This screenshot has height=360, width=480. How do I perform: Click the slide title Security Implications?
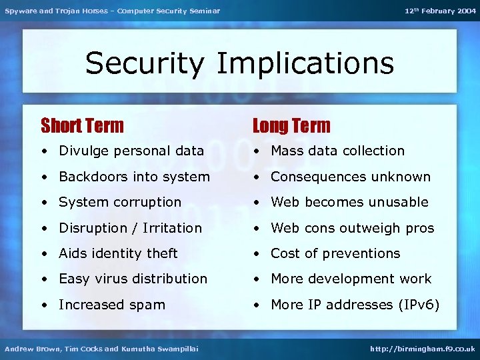coord(239,63)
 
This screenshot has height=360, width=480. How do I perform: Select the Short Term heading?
coord(82,125)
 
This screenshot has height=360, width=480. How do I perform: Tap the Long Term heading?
coord(291,125)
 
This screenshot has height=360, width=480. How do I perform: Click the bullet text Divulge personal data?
coord(131,151)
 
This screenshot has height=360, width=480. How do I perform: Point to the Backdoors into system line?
coord(134,177)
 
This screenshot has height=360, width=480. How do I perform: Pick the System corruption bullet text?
coord(120,202)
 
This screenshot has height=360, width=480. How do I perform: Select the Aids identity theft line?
coord(118,253)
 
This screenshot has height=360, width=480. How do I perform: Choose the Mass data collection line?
coord(337,151)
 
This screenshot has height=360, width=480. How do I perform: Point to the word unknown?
coord(406,177)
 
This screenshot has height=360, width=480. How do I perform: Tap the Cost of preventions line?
coord(335,253)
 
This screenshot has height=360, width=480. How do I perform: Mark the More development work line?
coord(351,279)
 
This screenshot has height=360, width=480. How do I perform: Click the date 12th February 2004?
coord(440,11)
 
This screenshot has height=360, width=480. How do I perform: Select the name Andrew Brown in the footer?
coord(29,349)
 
